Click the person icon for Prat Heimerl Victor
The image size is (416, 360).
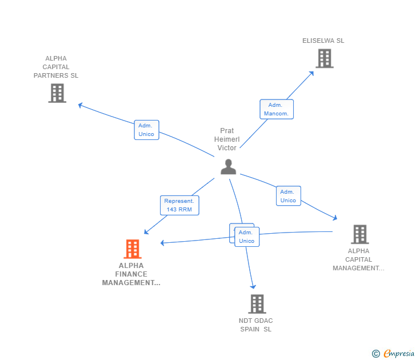(228, 167)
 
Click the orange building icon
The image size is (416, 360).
(133, 249)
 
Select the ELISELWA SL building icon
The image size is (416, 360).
(324, 58)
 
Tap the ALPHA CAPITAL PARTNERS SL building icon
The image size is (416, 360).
(57, 93)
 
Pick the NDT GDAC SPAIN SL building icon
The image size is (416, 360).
(257, 304)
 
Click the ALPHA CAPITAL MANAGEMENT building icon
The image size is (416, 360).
(359, 234)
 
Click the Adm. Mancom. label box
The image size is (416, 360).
(277, 109)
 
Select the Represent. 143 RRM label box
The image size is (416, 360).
(179, 205)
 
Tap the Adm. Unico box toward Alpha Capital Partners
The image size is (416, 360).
(146, 130)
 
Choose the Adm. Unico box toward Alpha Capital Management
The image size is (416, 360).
(288, 196)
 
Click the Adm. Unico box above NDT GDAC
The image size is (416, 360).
(247, 237)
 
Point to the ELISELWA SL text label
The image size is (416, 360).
(323, 41)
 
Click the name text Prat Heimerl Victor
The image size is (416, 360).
(227, 139)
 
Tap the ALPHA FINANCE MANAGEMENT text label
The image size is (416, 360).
(131, 274)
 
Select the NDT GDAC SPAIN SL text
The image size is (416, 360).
(256, 325)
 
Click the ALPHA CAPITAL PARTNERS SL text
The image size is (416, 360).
(56, 67)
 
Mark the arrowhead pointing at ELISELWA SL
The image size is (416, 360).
(311, 73)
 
